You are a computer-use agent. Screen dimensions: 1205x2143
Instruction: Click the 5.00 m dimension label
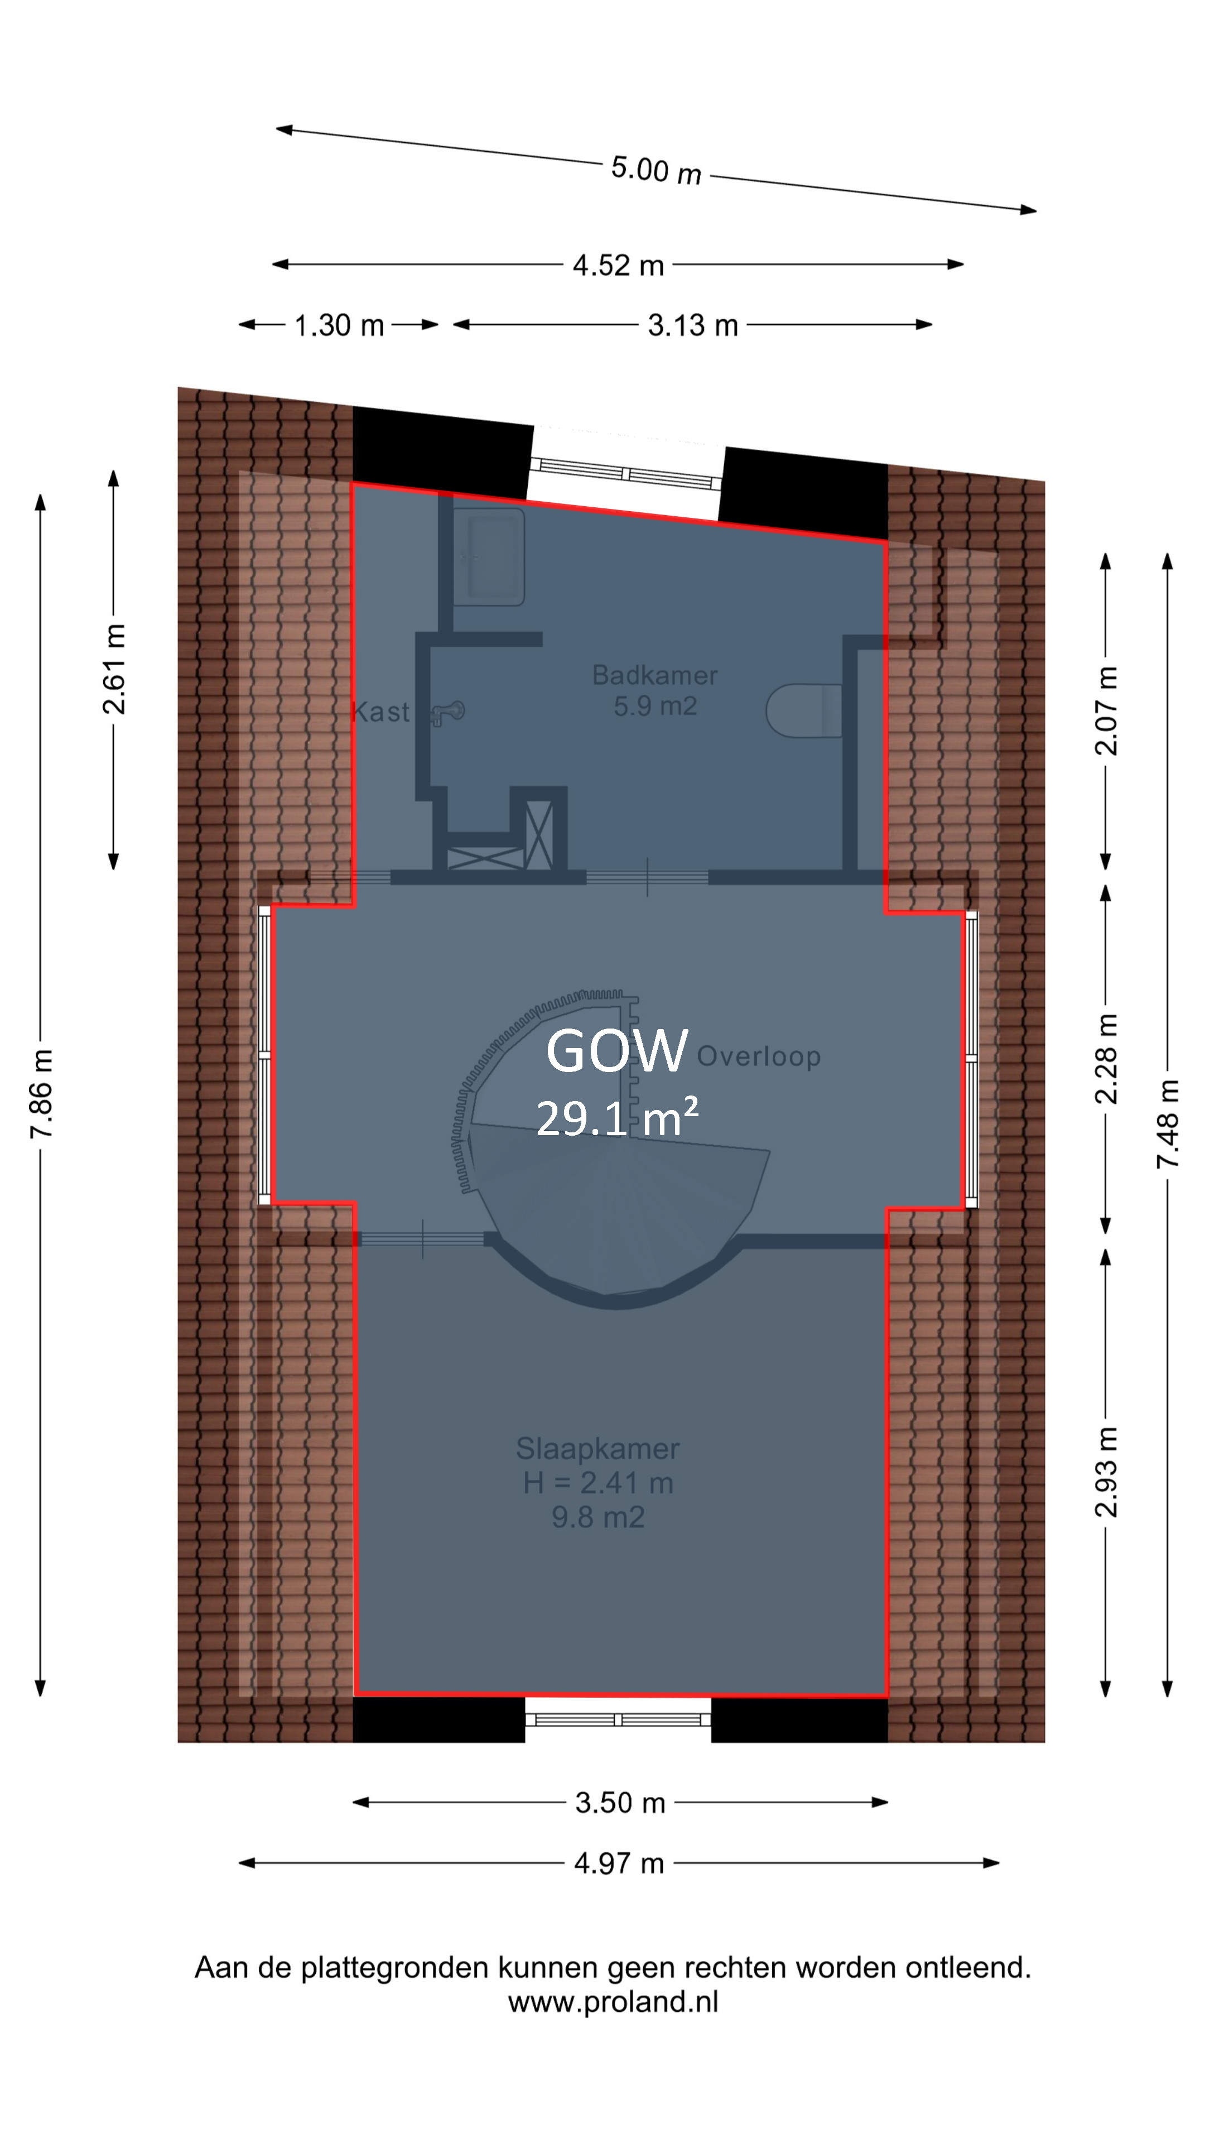[x=656, y=171]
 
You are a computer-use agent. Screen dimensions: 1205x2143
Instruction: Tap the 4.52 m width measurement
[x=619, y=266]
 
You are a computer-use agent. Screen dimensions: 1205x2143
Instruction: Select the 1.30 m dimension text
[x=339, y=325]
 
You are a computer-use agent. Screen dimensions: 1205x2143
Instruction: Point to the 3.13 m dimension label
[x=693, y=325]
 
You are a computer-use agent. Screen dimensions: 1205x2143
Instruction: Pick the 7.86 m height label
[x=42, y=1093]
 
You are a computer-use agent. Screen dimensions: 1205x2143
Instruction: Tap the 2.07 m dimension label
[x=1106, y=710]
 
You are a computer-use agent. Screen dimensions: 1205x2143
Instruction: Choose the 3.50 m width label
[x=620, y=1803]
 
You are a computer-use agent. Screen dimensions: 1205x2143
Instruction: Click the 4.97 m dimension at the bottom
[x=620, y=1863]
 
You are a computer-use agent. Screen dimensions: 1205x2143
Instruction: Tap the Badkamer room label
[x=654, y=675]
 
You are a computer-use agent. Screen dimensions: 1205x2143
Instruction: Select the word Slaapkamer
[x=598, y=1448]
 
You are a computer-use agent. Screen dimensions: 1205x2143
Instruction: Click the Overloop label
[x=759, y=1056]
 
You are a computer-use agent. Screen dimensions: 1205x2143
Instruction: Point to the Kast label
[x=381, y=712]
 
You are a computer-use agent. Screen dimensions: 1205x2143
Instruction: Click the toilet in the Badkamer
[x=804, y=710]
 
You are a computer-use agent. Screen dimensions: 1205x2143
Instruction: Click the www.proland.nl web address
[x=613, y=2002]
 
